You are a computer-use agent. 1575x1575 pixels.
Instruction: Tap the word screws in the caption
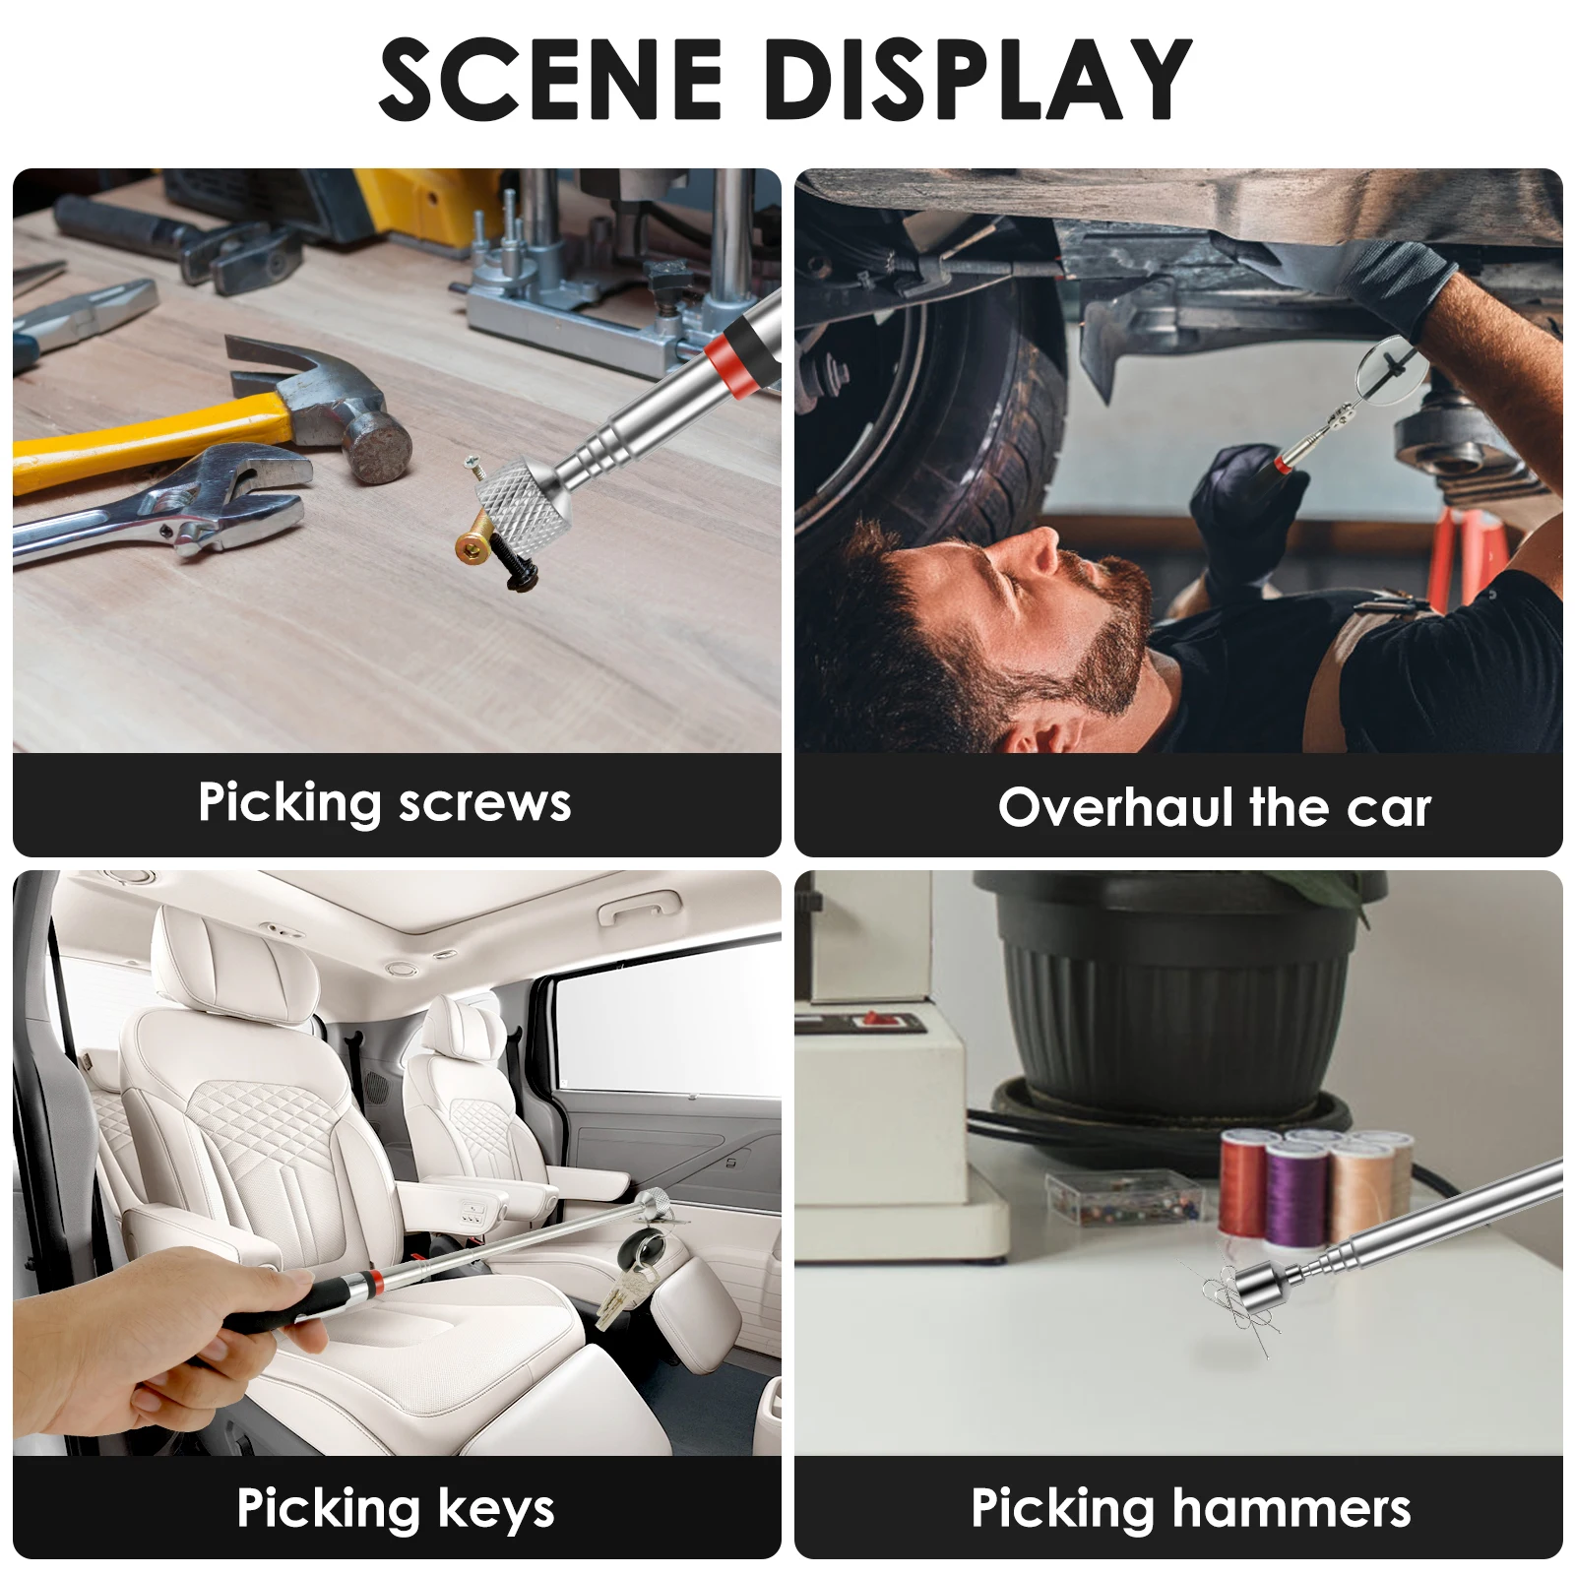point(484,803)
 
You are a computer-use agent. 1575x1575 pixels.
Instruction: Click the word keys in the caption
point(495,1509)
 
